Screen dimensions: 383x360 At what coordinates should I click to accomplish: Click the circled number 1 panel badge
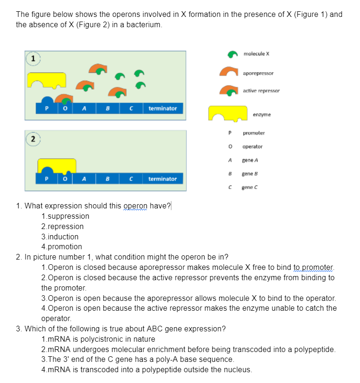point(32,59)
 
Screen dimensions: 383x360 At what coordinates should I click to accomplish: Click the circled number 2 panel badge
point(32,139)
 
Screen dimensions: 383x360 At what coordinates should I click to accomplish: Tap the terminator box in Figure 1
point(162,108)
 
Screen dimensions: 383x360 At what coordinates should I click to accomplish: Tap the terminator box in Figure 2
point(162,179)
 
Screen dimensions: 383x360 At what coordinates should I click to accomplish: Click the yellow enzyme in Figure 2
point(57,165)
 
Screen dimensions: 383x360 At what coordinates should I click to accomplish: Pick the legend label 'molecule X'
point(256,54)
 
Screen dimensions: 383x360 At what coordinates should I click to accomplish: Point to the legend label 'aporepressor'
point(259,73)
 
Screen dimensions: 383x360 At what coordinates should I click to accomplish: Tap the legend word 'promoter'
point(253,133)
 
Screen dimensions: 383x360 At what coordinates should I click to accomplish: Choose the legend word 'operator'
point(253,146)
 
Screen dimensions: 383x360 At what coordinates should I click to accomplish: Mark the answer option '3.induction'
point(60,237)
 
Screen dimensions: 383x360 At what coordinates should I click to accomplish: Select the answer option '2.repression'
point(62,226)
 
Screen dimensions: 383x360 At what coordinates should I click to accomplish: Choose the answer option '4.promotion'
point(61,246)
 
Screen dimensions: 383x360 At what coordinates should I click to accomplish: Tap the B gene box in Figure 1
point(107,108)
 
